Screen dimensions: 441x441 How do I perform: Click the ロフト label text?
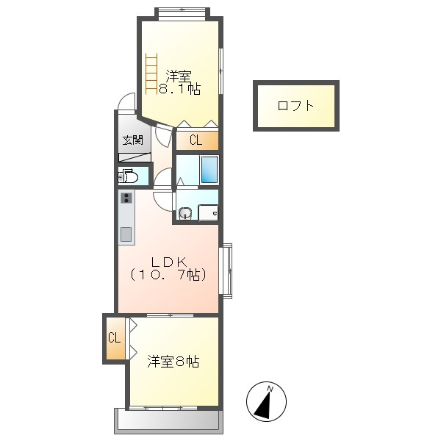pos(295,106)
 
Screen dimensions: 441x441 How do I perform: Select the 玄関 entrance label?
pos(132,140)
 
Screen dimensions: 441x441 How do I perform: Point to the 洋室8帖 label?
pos(173,362)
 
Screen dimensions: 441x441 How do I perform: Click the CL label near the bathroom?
pos(196,140)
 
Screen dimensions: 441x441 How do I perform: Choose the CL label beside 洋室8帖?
pos(114,338)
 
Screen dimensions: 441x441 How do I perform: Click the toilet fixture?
pos(129,176)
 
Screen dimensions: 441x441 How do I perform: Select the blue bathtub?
pos(209,169)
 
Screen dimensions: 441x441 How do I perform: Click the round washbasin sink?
pos(185,214)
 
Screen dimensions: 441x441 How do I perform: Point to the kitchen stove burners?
pos(126,198)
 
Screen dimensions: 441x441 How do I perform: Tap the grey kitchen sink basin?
pos(126,234)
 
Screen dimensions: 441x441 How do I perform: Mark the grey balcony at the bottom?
pos(167,421)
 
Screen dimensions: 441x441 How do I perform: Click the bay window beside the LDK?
pos(226,270)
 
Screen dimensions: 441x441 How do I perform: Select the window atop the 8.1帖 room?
pos(181,11)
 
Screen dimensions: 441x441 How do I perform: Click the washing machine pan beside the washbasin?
pos(208,213)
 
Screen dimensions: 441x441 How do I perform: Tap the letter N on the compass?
pos(270,389)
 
